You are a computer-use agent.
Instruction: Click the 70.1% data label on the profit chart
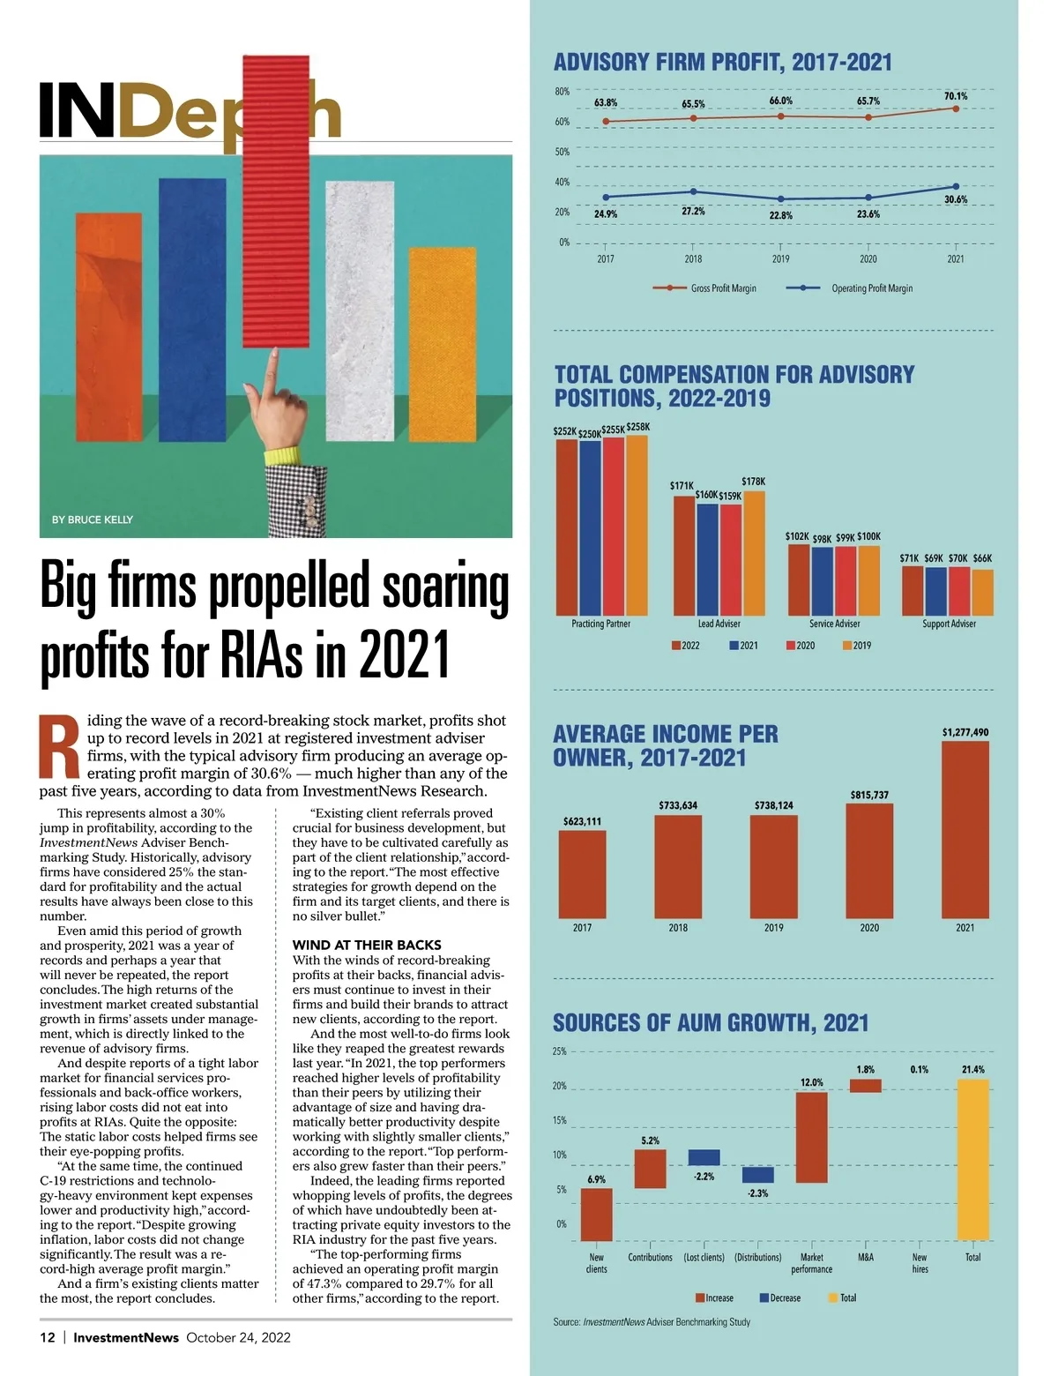(x=956, y=96)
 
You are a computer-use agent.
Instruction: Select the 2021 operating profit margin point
(x=956, y=186)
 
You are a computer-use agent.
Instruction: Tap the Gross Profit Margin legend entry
(x=723, y=288)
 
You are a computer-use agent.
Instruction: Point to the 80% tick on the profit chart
(x=562, y=92)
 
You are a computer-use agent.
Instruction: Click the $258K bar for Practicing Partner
(x=637, y=526)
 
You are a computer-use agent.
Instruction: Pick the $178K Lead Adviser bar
(x=754, y=553)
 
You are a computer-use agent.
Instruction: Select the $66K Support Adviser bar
(x=982, y=592)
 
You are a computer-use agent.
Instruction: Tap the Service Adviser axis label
(x=834, y=624)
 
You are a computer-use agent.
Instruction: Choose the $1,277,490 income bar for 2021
(x=965, y=829)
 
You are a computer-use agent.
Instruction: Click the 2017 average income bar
(x=582, y=874)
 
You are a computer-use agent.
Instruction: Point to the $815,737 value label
(x=869, y=795)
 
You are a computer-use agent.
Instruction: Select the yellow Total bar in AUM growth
(x=972, y=1159)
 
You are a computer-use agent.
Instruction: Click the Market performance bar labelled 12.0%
(x=811, y=1137)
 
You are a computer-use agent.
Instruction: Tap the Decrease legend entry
(x=780, y=1297)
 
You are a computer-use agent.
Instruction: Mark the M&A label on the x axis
(x=866, y=1257)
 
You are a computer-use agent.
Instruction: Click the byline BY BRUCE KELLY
(x=93, y=520)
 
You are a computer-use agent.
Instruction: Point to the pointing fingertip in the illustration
(x=273, y=353)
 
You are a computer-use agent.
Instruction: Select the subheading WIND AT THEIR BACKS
(x=367, y=945)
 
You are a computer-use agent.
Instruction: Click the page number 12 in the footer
(x=48, y=1337)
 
